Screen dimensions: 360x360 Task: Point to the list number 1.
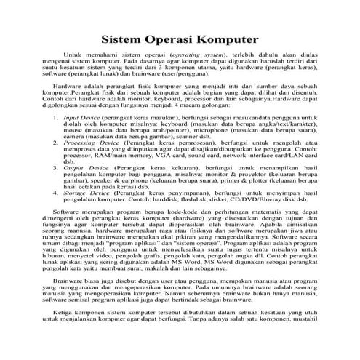click(55, 116)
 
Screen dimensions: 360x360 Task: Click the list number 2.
click(55, 144)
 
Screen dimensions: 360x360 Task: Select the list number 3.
click(55, 167)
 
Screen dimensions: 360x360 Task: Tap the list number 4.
click(55, 194)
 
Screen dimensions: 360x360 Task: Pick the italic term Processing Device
click(87, 144)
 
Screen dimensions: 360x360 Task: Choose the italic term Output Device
click(84, 167)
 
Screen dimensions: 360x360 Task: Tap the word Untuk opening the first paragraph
click(74, 55)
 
